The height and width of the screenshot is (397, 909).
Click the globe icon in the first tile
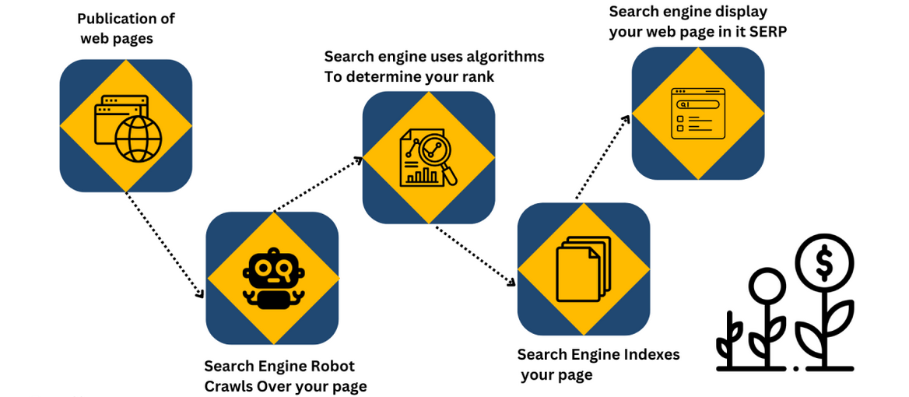139,139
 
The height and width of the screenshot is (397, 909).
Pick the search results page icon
697,113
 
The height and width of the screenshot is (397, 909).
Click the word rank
476,76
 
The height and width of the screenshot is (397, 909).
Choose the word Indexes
652,355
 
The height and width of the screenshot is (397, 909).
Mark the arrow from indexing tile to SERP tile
604,156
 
